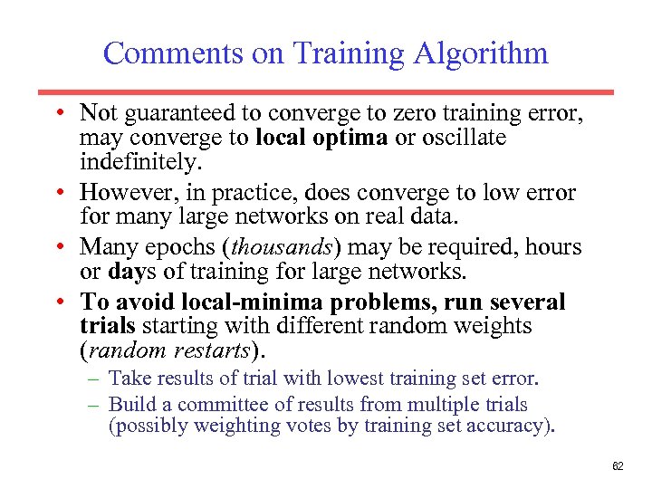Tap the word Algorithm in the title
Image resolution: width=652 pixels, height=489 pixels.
481,53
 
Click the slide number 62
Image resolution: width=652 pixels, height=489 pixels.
618,465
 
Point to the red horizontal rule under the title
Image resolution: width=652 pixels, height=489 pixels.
325,92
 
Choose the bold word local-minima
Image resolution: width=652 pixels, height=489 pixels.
256,302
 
